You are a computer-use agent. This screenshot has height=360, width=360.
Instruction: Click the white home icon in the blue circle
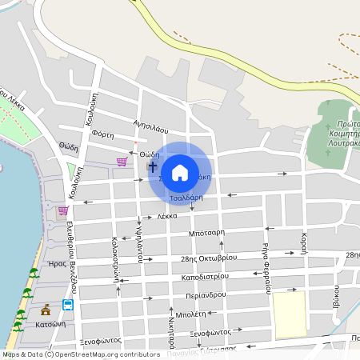180,172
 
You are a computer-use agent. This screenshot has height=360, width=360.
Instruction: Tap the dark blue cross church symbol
153,167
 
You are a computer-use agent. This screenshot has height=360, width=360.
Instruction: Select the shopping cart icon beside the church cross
122,162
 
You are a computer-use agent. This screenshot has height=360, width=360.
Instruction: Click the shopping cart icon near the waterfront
62,211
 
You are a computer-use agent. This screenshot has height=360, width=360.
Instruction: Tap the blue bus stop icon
68,305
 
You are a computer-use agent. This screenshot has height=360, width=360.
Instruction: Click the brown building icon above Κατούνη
46,308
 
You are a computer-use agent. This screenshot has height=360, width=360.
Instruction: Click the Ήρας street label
57,263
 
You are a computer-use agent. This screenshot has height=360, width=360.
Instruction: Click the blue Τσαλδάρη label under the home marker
186,197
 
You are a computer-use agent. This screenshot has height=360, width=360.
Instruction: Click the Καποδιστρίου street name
205,276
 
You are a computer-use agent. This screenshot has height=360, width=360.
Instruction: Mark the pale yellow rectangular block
289,313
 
